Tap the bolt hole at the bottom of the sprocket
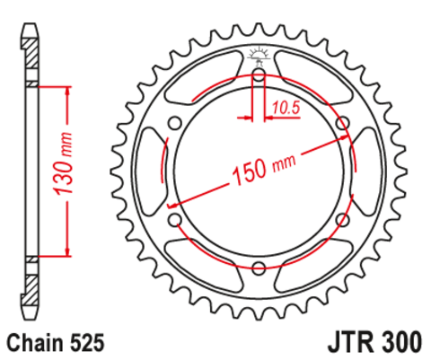pyautogui.click(x=259, y=267)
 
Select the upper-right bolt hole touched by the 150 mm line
pyautogui.click(x=342, y=123)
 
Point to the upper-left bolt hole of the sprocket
pyautogui.click(x=176, y=123)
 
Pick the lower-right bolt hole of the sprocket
pyautogui.click(x=342, y=219)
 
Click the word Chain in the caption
pyautogui.click(x=32, y=342)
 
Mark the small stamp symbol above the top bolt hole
pyautogui.click(x=259, y=55)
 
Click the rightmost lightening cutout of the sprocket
pyautogui.click(x=365, y=171)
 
